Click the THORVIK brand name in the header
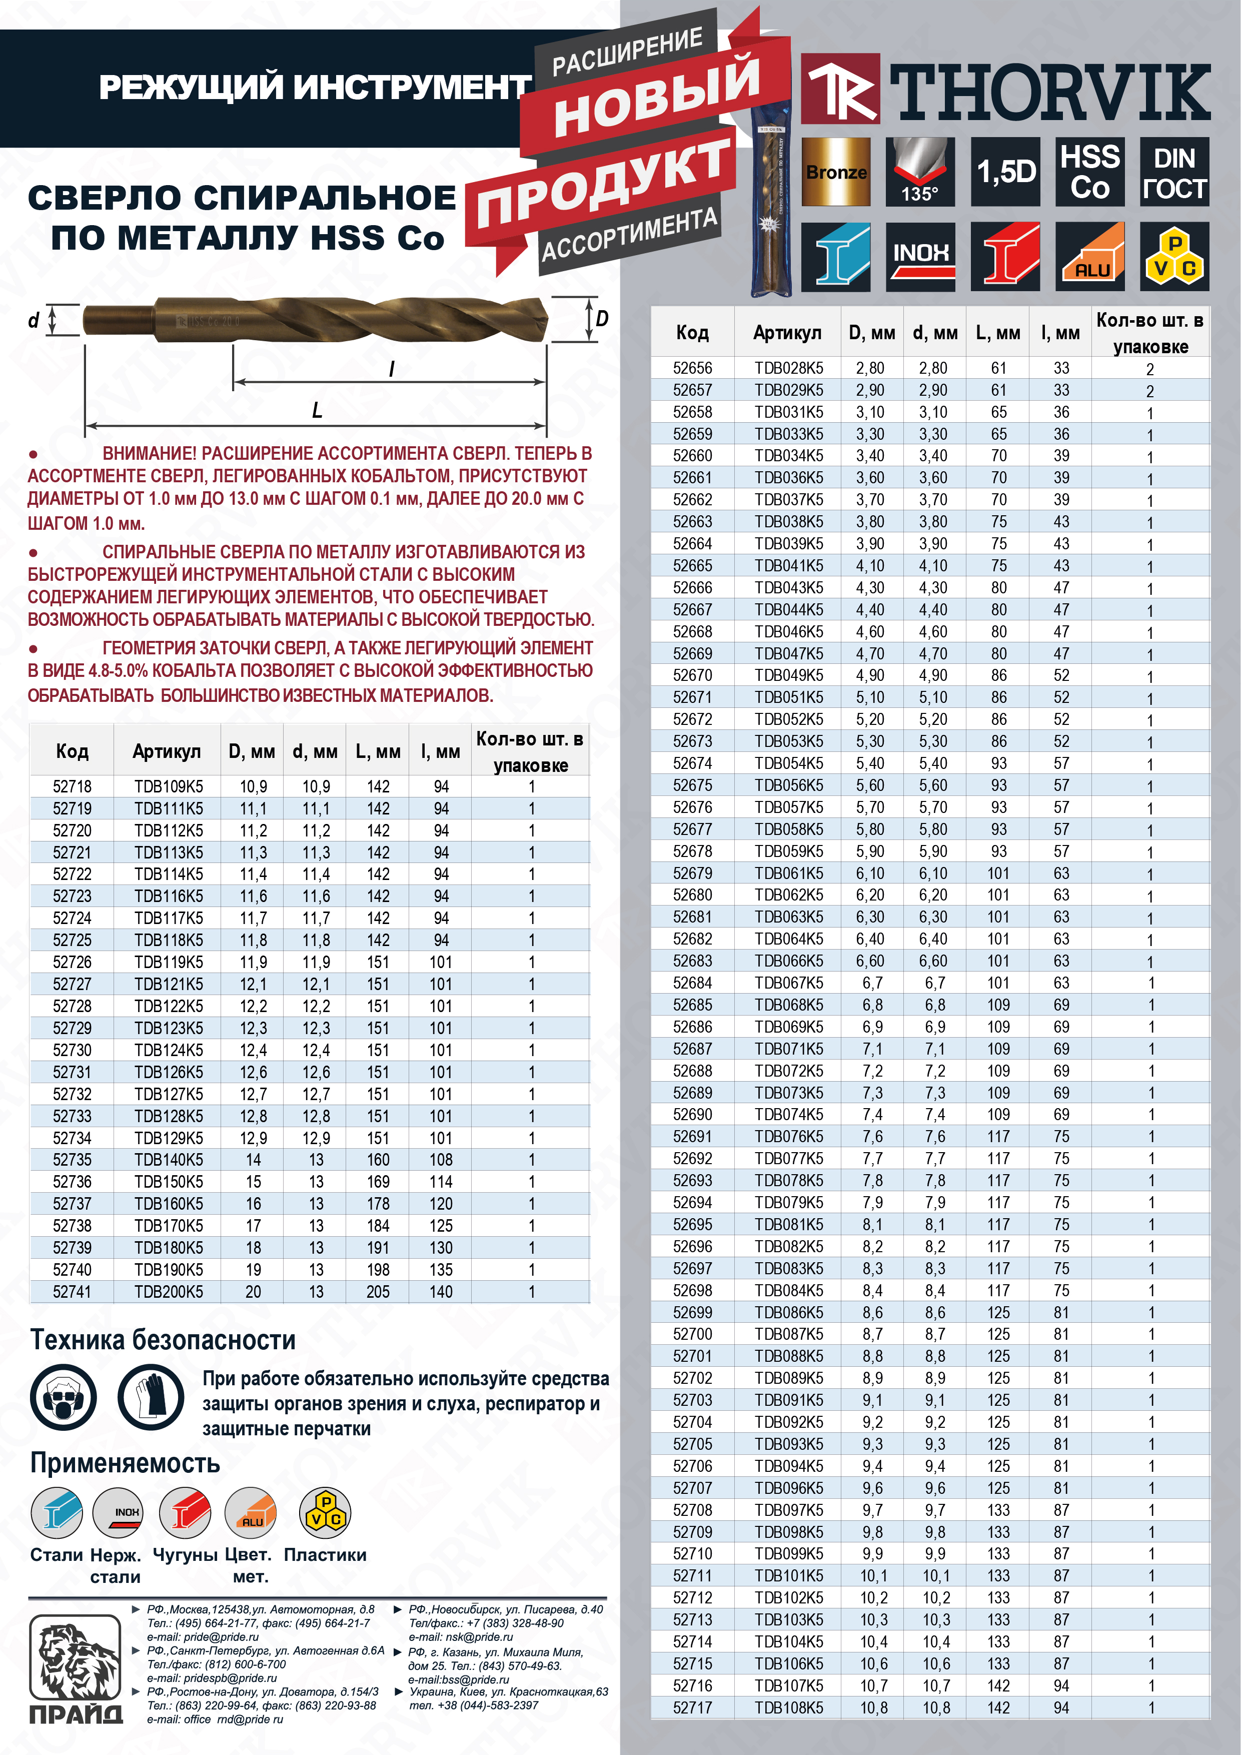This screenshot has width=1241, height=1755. (x=1048, y=93)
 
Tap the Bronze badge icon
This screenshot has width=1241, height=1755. (x=835, y=172)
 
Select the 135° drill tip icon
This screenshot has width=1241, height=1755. (x=920, y=172)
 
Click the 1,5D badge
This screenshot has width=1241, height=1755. (x=1005, y=172)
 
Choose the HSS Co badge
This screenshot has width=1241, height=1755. (x=1090, y=172)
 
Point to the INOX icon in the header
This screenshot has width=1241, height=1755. (x=920, y=256)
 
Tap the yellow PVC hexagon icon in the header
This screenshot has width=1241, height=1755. (x=1174, y=256)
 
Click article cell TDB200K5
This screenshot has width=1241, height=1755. (x=169, y=1292)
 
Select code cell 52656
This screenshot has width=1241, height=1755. (x=692, y=368)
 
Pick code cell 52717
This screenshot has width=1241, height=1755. (x=692, y=1707)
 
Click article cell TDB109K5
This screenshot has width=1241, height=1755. (x=169, y=786)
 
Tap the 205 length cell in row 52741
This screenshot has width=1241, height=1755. (x=378, y=1292)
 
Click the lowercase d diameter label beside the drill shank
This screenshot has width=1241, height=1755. (x=34, y=320)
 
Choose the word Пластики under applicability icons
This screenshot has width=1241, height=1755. (x=325, y=1555)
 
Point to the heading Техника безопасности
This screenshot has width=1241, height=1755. (x=163, y=1340)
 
